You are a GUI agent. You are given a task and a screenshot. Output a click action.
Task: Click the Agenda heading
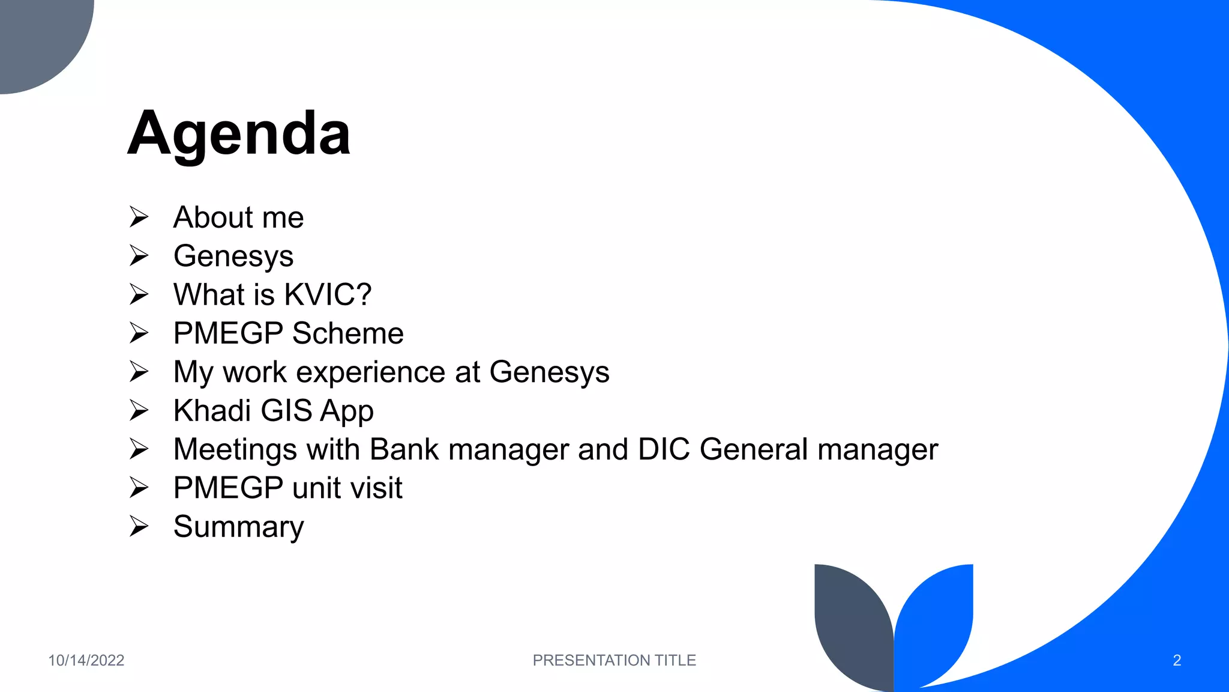pyautogui.click(x=239, y=133)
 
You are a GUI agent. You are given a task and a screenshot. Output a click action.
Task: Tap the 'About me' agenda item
pyautogui.click(x=238, y=217)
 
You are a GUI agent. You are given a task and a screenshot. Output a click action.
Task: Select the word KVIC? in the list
pyautogui.click(x=328, y=295)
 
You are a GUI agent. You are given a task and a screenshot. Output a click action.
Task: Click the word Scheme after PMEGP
pyautogui.click(x=348, y=333)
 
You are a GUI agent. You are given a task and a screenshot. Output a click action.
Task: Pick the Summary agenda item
pyautogui.click(x=238, y=527)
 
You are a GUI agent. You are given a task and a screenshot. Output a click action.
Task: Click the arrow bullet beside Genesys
pyautogui.click(x=139, y=256)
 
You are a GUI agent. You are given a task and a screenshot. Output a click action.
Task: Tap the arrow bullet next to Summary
pyautogui.click(x=139, y=527)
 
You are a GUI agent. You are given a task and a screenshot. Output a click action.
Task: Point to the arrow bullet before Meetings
pyautogui.click(x=139, y=449)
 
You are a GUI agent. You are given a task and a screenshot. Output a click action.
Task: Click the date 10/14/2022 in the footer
pyautogui.click(x=86, y=660)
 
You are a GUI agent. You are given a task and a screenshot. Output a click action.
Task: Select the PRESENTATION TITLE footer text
pyautogui.click(x=614, y=660)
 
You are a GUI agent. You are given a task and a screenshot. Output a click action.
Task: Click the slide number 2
pyautogui.click(x=1177, y=660)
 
